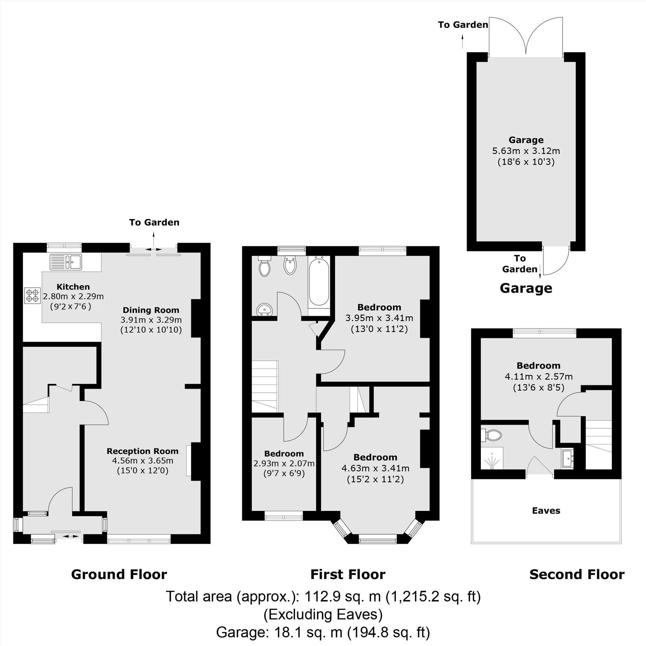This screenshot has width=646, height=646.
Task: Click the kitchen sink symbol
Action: point(66,262)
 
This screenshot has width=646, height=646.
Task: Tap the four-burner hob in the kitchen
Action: point(32,296)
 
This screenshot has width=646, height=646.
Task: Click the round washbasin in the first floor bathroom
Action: point(265,310)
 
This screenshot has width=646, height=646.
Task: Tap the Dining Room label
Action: point(151,310)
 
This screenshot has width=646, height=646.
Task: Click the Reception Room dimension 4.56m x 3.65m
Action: point(142,461)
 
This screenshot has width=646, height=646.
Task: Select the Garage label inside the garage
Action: point(526,140)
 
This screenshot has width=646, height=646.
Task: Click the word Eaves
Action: point(546,511)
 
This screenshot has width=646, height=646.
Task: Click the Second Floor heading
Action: point(577,574)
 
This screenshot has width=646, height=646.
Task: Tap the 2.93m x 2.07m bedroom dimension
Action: point(284,464)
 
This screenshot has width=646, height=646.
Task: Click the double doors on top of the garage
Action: point(526,37)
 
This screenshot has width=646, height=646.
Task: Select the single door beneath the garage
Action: point(555,261)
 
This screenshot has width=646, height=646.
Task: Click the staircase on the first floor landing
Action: point(265,386)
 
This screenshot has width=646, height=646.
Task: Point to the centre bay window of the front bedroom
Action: point(378,538)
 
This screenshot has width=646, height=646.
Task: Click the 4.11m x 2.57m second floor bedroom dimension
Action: point(538,377)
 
